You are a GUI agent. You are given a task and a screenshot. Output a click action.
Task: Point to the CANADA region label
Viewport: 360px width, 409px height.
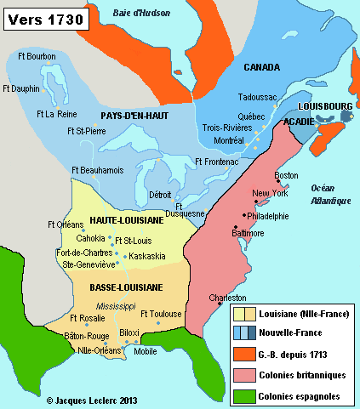pos(262,66)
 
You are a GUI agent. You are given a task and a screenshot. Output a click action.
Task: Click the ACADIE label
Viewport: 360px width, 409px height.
pos(299,122)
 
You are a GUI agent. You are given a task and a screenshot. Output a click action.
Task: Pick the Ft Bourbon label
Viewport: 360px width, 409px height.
pos(39,57)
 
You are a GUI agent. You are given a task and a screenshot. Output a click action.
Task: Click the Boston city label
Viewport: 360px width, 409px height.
pos(286,176)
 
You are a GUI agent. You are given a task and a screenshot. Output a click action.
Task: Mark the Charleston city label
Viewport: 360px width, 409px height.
pos(228,298)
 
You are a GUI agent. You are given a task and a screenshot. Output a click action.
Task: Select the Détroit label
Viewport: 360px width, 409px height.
pos(160,195)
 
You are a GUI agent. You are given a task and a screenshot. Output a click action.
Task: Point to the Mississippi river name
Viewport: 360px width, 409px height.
pos(116,304)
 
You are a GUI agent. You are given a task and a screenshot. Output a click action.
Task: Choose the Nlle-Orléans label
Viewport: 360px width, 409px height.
pos(96,350)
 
